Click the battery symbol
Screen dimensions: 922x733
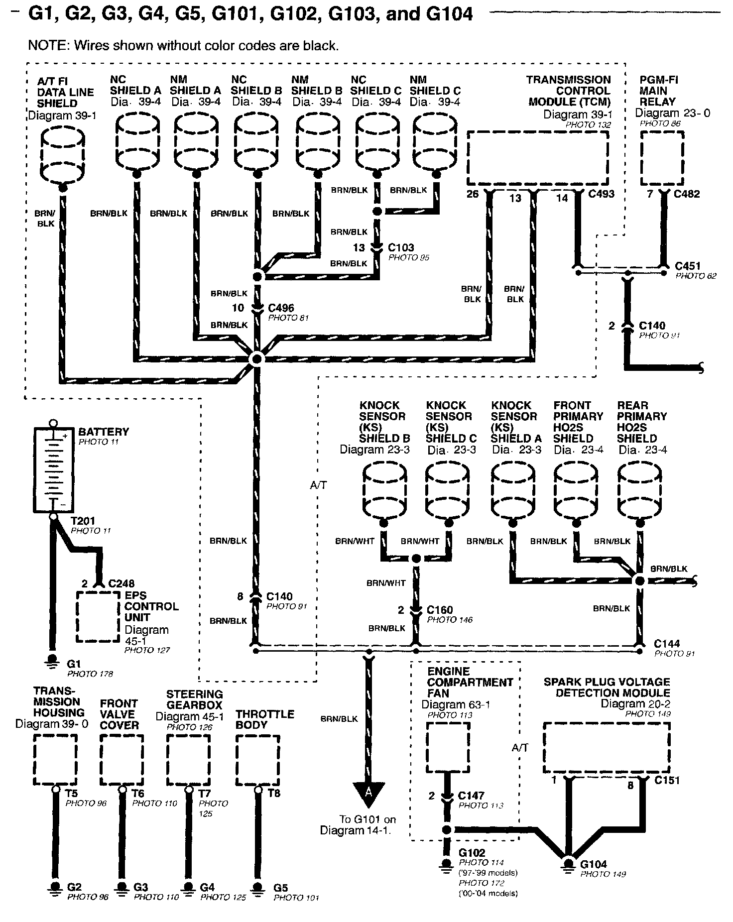(52, 469)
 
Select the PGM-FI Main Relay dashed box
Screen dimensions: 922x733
(661, 158)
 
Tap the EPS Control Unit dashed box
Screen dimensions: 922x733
(98, 616)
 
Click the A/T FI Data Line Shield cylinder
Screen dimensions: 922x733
(62, 155)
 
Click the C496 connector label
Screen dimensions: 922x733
(281, 308)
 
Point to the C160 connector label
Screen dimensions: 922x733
(440, 610)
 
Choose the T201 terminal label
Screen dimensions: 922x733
(83, 521)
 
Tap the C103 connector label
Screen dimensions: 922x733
(401, 247)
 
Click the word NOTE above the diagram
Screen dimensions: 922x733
(49, 46)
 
